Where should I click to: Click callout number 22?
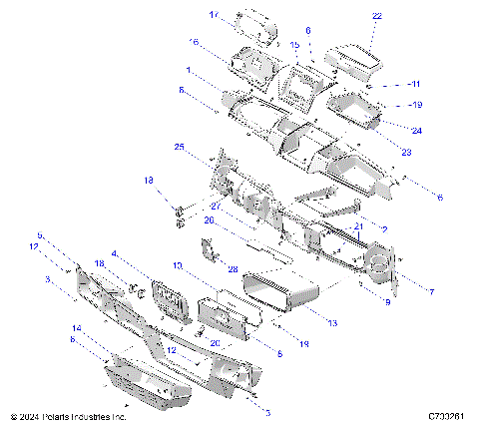point(376,17)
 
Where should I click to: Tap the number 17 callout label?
point(214,15)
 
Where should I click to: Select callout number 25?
point(179,147)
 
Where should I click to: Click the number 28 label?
point(233,269)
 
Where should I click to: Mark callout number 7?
point(430,291)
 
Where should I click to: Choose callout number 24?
point(415,131)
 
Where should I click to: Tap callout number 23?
point(405,151)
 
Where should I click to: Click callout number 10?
point(177,266)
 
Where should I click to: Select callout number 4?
point(115,253)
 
